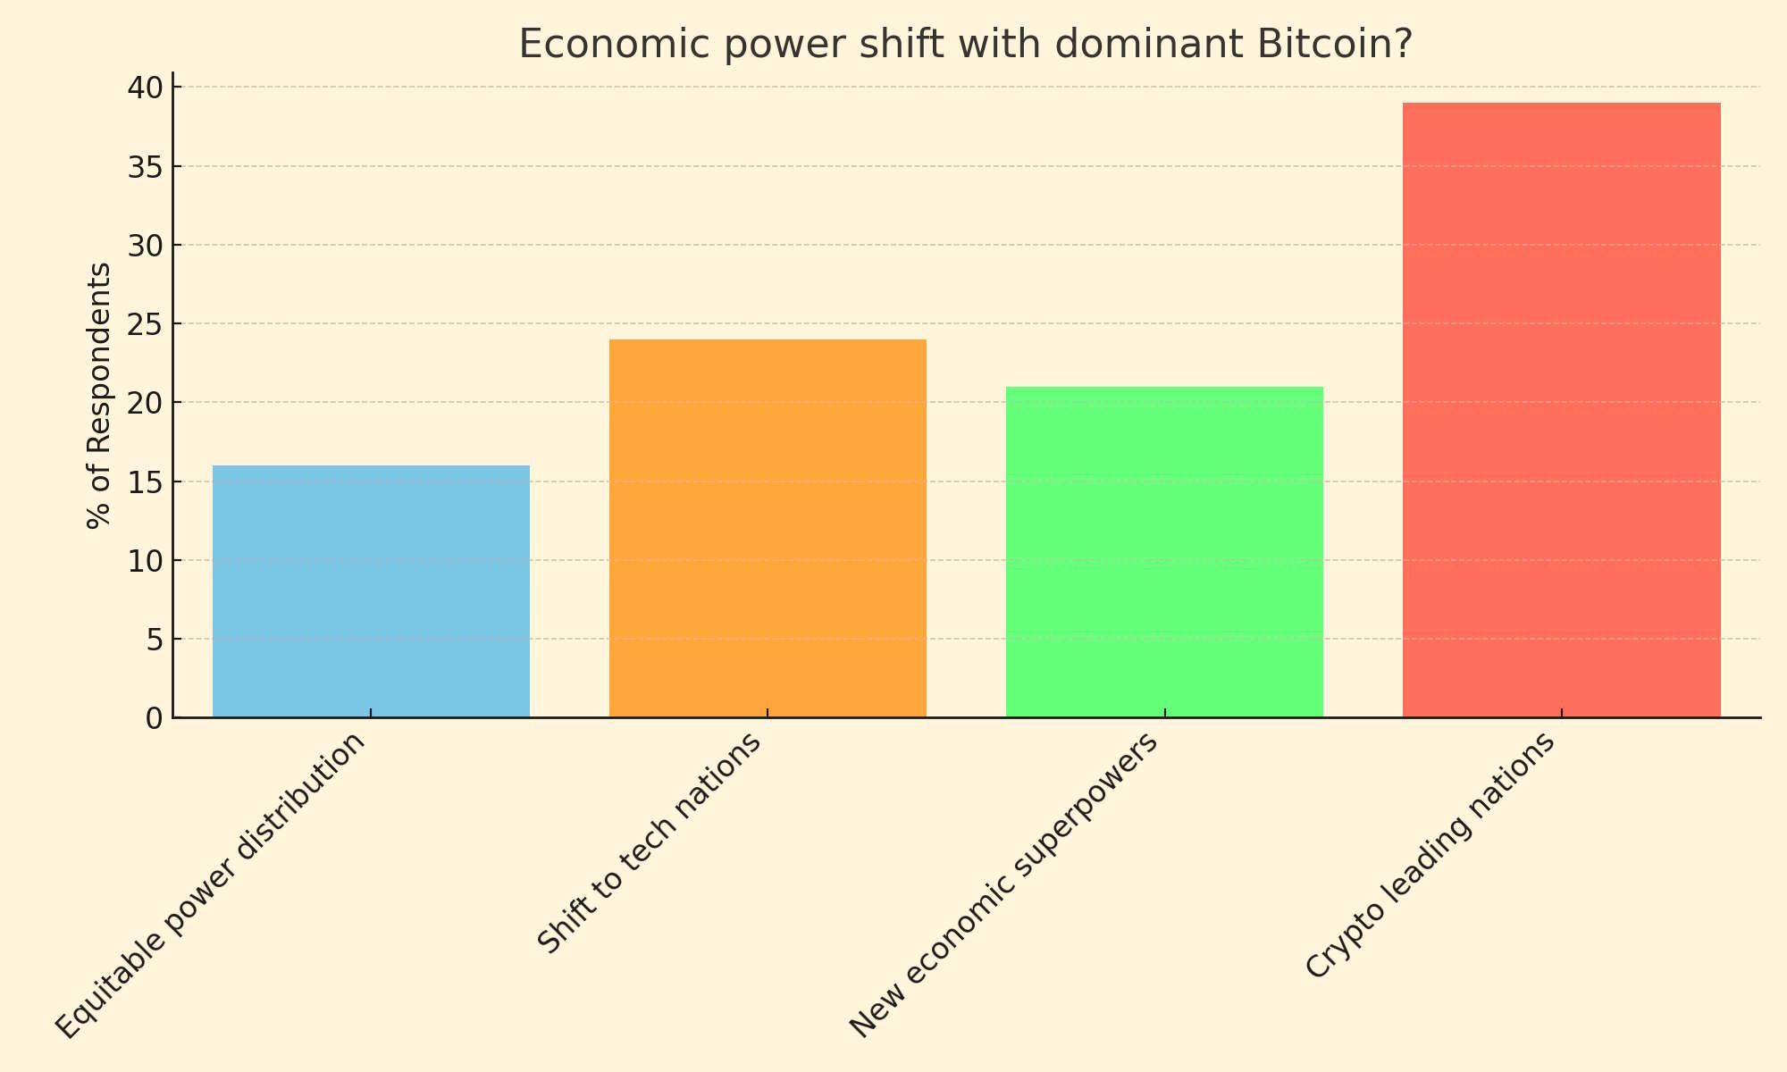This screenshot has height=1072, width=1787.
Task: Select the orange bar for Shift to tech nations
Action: click(x=768, y=528)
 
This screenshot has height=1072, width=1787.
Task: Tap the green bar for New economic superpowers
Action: click(x=1164, y=551)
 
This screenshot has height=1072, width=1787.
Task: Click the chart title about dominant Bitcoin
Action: click(x=965, y=45)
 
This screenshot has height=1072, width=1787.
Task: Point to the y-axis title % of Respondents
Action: click(x=99, y=395)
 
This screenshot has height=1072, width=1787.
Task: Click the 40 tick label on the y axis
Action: click(x=145, y=88)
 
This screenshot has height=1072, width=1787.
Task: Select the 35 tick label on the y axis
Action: click(x=145, y=167)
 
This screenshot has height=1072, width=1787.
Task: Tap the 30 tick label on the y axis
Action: click(x=145, y=246)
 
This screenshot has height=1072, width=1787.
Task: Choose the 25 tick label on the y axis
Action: click(x=145, y=324)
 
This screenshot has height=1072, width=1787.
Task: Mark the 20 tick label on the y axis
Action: click(x=145, y=403)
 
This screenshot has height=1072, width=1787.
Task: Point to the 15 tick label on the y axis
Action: click(x=145, y=482)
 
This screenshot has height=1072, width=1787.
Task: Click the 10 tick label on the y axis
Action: click(x=145, y=561)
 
